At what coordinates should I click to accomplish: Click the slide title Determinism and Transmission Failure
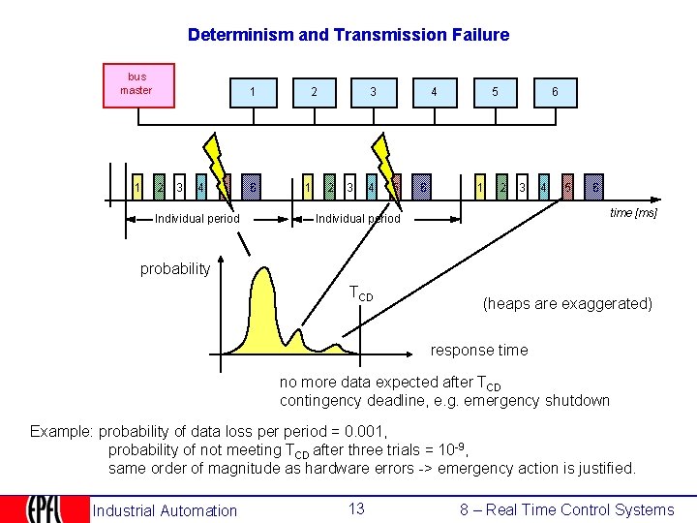coord(348,35)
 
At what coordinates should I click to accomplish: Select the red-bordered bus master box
coord(138,85)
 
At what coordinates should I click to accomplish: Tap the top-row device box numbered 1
coord(253,93)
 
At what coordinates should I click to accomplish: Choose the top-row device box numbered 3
coord(373,93)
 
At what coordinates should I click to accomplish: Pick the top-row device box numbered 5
coord(495,93)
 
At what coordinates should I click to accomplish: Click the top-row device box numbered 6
coord(555,93)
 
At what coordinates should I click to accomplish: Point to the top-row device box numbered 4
coord(434,93)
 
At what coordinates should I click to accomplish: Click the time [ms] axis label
coord(633,213)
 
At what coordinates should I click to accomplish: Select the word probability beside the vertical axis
coord(175,268)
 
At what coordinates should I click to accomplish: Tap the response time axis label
coord(479,350)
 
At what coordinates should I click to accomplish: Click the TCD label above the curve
coord(360,292)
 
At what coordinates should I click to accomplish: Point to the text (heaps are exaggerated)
coord(567,303)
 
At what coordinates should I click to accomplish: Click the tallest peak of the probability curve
coord(262,274)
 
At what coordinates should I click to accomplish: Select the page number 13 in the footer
coord(356,509)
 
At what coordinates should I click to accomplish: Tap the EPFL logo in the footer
coord(44,509)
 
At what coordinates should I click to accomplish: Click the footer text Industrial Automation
coord(165,510)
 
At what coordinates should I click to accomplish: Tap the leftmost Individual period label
coord(197,219)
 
